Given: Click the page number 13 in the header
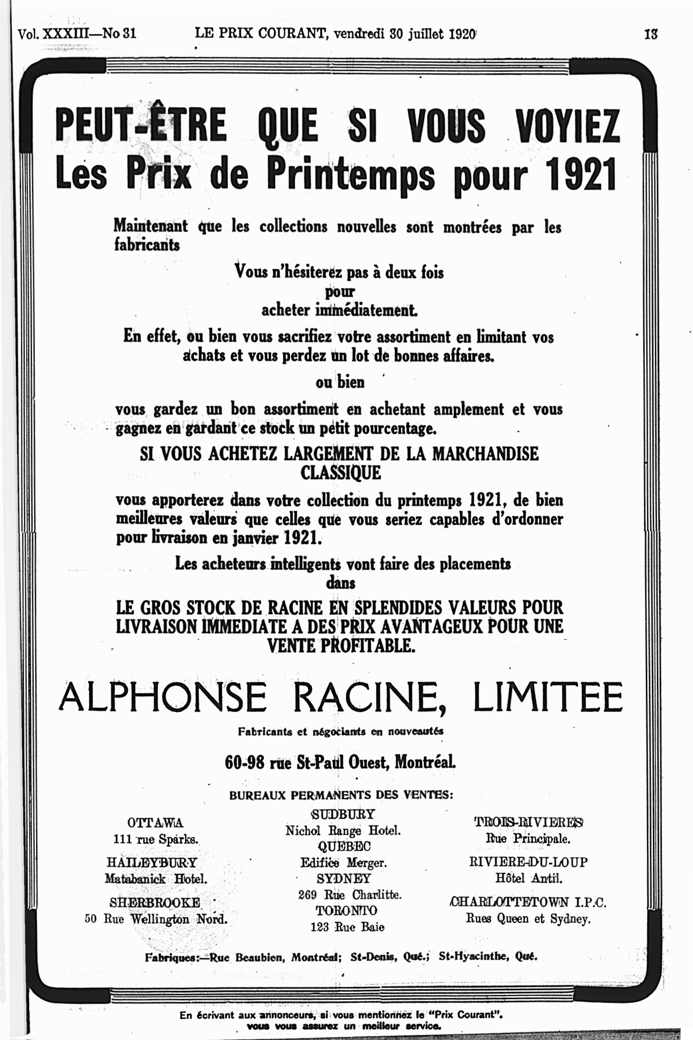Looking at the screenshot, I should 651,34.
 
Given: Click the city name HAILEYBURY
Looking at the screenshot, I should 152,863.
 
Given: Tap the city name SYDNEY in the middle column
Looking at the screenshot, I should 344,878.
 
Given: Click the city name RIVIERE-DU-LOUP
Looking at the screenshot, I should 528,862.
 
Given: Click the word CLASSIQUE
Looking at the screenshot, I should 340,473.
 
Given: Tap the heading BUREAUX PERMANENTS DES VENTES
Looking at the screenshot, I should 341,795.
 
